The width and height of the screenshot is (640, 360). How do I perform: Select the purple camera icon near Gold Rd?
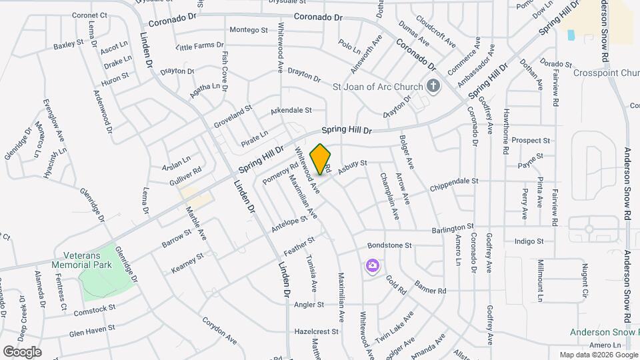372,266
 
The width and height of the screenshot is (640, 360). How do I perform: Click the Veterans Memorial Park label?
96,260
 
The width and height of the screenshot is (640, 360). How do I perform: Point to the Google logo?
23,351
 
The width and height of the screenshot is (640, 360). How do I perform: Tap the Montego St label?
248,30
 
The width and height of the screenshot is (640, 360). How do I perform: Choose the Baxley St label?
69,46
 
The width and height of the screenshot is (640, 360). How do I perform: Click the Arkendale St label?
291,110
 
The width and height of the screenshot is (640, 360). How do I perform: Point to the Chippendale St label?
455,181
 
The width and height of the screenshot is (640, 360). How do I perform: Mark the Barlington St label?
452,227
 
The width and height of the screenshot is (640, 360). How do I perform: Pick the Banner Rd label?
430,291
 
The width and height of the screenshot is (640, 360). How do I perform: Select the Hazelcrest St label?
317,331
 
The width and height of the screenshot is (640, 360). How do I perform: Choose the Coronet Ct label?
89,15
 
